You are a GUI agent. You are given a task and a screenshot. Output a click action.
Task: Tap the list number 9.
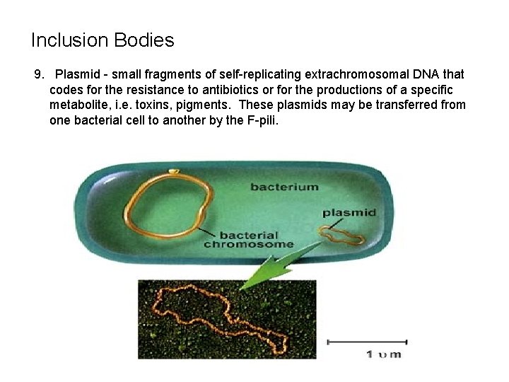pos(40,74)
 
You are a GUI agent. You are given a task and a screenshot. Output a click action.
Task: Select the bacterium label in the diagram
pos(284,187)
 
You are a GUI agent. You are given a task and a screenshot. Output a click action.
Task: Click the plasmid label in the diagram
pos(349,212)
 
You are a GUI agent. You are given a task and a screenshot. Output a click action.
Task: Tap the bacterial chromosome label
pos(249,240)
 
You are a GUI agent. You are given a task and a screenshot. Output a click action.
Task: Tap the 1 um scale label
pos(383,354)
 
